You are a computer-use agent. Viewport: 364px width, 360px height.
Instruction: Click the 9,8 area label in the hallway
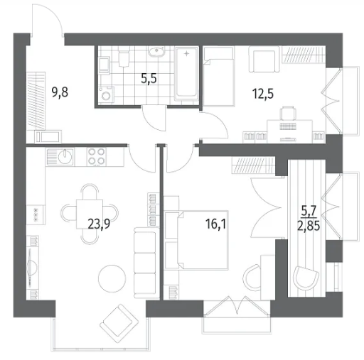point(60,92)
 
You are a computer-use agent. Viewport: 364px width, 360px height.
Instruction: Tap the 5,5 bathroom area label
point(149,79)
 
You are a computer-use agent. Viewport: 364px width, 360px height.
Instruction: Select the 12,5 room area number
point(263,94)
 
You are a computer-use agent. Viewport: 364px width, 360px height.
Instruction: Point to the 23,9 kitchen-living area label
point(99,224)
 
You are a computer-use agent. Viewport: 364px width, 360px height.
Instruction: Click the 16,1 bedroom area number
point(215,224)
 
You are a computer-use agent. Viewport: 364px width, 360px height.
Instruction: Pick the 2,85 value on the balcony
point(309,226)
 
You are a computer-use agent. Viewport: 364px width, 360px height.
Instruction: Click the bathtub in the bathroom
point(186,74)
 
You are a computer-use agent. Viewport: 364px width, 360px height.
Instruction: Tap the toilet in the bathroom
point(124,57)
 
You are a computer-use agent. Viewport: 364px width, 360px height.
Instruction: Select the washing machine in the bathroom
point(107,95)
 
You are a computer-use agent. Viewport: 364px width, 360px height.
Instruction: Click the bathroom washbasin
point(156,52)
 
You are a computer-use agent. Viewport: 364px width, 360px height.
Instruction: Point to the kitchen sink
point(65,156)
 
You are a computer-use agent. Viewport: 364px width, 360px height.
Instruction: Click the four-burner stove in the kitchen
point(96,157)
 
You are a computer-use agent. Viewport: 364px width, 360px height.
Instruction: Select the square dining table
point(90,214)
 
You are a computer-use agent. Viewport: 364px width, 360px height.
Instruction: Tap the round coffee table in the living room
point(112,278)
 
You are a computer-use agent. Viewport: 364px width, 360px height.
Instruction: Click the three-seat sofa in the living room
point(144,263)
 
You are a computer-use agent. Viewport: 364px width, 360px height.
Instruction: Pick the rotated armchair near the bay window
point(119,323)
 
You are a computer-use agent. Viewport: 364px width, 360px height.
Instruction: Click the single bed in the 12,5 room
point(219,76)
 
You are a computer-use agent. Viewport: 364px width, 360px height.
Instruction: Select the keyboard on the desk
point(288,126)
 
